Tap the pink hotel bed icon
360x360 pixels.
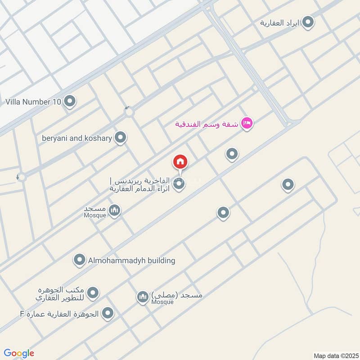(247, 123)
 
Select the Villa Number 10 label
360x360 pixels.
(33, 102)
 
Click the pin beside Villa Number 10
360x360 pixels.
(69, 101)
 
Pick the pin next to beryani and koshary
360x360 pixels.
(120, 138)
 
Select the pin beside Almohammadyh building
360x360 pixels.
(80, 260)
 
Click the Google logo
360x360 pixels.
(19, 353)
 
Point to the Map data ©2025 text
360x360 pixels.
(335, 355)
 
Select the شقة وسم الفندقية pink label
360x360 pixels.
(207, 123)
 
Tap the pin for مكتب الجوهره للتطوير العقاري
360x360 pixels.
(93, 293)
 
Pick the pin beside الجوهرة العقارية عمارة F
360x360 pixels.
(108, 313)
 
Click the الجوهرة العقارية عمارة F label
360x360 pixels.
(60, 314)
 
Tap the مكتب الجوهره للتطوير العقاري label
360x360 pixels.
(60, 294)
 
